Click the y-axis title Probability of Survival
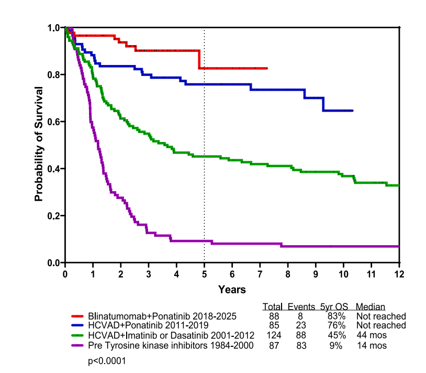tap(39, 145)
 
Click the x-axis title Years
tap(232, 289)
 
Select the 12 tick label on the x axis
tap(399, 273)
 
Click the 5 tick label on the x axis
tap(204, 273)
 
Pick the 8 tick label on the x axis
tap(287, 273)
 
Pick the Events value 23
tap(302, 325)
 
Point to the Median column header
tap(370, 307)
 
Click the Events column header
tap(301, 307)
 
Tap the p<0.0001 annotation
tap(107, 361)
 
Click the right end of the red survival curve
tap(267, 68)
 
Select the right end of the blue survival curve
tap(352, 111)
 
